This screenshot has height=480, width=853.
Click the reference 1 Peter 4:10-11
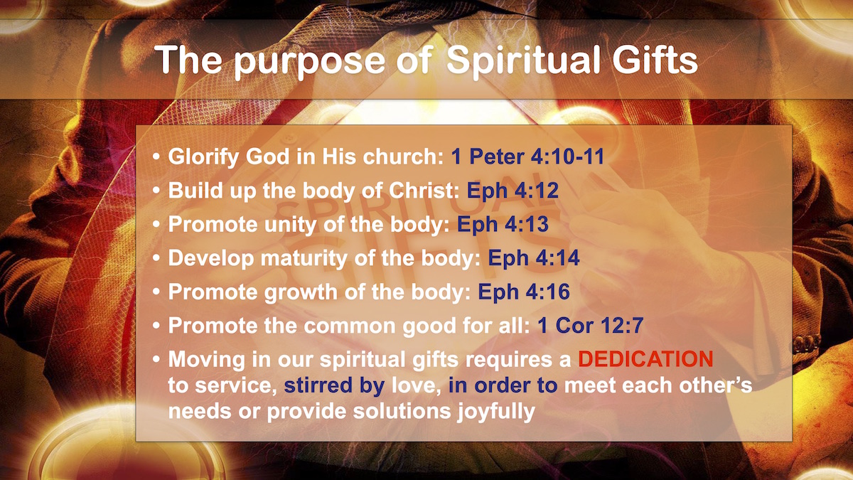527,156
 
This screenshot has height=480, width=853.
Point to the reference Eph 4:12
513,191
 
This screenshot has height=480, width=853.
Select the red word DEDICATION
645,358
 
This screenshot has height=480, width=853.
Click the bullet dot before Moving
156,359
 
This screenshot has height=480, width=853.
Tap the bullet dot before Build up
156,191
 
